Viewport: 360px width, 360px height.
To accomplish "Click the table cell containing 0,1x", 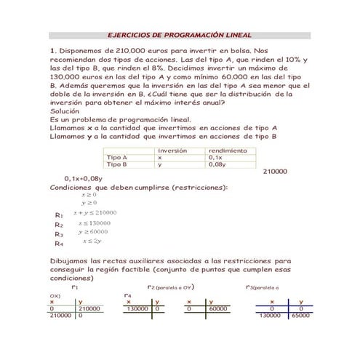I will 215,157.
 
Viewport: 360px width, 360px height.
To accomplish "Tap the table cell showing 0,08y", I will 217,164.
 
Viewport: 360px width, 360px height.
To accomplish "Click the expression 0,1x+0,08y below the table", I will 83,178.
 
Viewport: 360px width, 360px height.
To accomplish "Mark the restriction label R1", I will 59,215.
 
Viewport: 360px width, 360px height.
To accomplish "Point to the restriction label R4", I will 59,244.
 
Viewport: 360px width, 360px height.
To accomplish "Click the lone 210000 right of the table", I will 275,172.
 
